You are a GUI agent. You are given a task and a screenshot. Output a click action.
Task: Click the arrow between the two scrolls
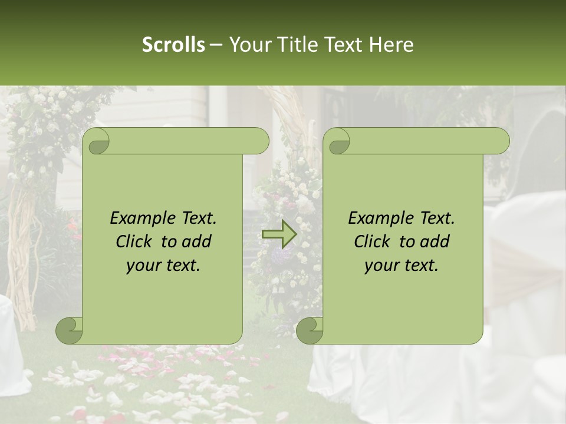tap(279, 234)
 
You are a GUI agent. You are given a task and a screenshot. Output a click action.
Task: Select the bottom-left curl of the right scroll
tap(310, 331)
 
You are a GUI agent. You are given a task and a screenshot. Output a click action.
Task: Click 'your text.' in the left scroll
tap(163, 266)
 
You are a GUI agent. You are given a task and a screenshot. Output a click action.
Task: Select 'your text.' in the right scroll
tap(402, 266)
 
